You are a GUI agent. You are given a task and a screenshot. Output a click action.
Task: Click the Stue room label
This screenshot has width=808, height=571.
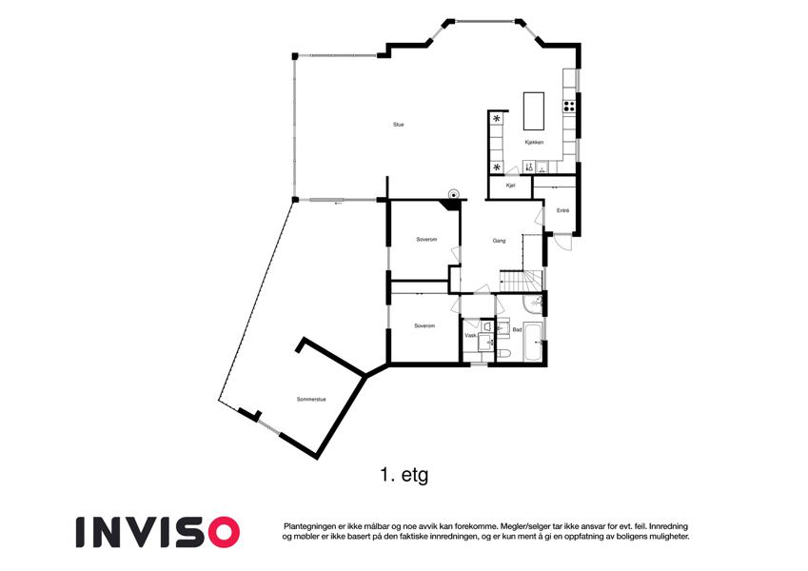399,125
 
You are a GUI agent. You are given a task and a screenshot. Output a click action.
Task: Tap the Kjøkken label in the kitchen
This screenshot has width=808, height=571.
534,142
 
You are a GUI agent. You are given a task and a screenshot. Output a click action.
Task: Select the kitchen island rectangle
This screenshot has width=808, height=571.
534,110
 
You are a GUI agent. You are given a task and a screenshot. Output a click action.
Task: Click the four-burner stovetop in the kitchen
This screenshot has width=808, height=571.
569,107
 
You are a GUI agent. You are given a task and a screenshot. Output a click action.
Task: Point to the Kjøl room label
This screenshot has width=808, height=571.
511,186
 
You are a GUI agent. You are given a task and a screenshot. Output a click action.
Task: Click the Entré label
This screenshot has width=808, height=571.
562,210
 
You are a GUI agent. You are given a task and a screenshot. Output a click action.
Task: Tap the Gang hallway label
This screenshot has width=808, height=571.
499,241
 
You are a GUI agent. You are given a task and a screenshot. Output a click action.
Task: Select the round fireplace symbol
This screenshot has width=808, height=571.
453,194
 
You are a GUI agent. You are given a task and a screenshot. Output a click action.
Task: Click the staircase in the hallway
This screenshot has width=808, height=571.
521,281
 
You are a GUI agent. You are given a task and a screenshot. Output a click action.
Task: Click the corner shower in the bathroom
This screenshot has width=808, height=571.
533,304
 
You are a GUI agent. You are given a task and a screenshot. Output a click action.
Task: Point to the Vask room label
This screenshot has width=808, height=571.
470,336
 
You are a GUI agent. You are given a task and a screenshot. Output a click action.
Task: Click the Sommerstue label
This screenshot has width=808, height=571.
311,400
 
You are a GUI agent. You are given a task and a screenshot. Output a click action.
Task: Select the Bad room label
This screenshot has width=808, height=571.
517,330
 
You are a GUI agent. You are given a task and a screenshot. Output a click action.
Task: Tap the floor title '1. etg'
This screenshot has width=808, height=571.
404,475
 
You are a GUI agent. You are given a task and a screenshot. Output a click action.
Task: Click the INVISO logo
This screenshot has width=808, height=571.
158,532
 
